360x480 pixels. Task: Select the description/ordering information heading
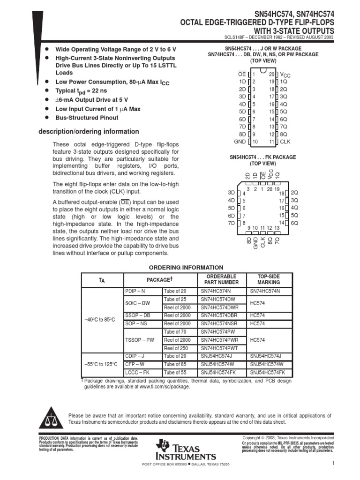click(x=89, y=132)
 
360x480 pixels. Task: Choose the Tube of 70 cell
click(x=175, y=332)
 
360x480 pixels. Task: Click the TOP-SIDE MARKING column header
click(x=269, y=279)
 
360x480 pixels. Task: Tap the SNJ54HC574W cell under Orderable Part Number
click(x=217, y=364)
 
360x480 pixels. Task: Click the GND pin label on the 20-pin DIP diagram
click(x=240, y=142)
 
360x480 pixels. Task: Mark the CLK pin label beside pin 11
click(x=285, y=142)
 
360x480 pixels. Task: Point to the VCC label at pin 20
click(x=285, y=75)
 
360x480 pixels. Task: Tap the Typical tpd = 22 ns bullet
click(x=82, y=91)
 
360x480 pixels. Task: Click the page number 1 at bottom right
click(x=345, y=464)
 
